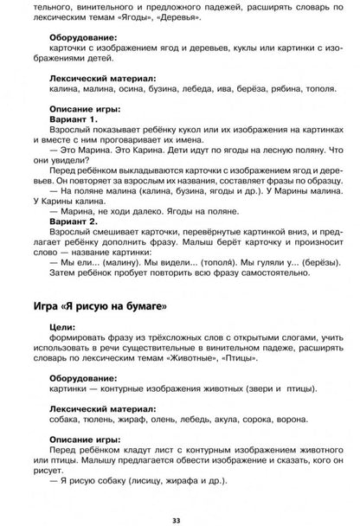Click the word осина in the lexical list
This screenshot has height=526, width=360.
132,93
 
